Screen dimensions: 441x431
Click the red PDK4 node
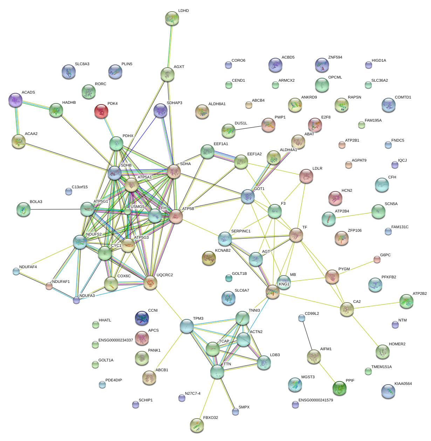click(101, 111)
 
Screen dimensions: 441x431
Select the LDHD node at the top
click(172, 18)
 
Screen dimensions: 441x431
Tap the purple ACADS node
click(15, 100)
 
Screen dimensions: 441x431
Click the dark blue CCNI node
click(142, 318)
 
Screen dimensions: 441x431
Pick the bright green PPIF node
click(339, 388)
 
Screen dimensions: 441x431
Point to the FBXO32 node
click(197, 425)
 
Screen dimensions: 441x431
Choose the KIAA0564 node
click(388, 391)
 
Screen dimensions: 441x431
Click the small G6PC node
click(377, 259)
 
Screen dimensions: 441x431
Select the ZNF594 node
click(322, 65)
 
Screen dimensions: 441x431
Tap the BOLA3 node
click(23, 209)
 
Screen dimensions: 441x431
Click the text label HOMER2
click(397, 344)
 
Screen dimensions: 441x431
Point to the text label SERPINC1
click(241, 231)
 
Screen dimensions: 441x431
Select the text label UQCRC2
click(165, 275)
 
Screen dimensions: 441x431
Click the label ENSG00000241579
click(316, 400)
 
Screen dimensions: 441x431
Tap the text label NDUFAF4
click(28, 267)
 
